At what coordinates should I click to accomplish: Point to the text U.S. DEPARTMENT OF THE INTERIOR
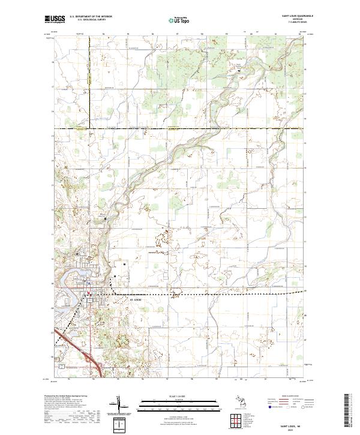click(90, 17)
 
